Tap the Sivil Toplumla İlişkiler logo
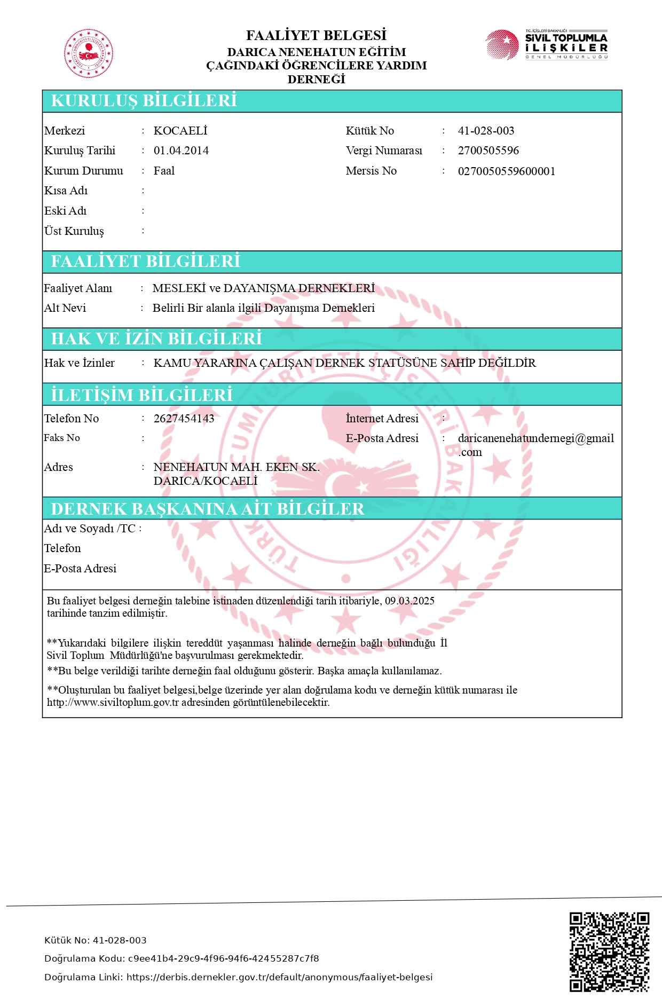tap(546, 45)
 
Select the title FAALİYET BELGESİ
tap(316, 36)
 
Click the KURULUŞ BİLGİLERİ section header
tap(144, 101)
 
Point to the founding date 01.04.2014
tap(181, 151)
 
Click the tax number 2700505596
tap(488, 151)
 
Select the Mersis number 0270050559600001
tap(507, 171)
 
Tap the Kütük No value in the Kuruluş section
tap(486, 131)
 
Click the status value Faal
tap(164, 171)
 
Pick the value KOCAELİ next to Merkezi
tap(180, 131)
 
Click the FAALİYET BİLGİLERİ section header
tap(145, 261)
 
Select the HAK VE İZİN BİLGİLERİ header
tap(156, 339)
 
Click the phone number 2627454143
tap(184, 419)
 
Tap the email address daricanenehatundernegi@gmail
tap(535, 438)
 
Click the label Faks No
tap(62, 438)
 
